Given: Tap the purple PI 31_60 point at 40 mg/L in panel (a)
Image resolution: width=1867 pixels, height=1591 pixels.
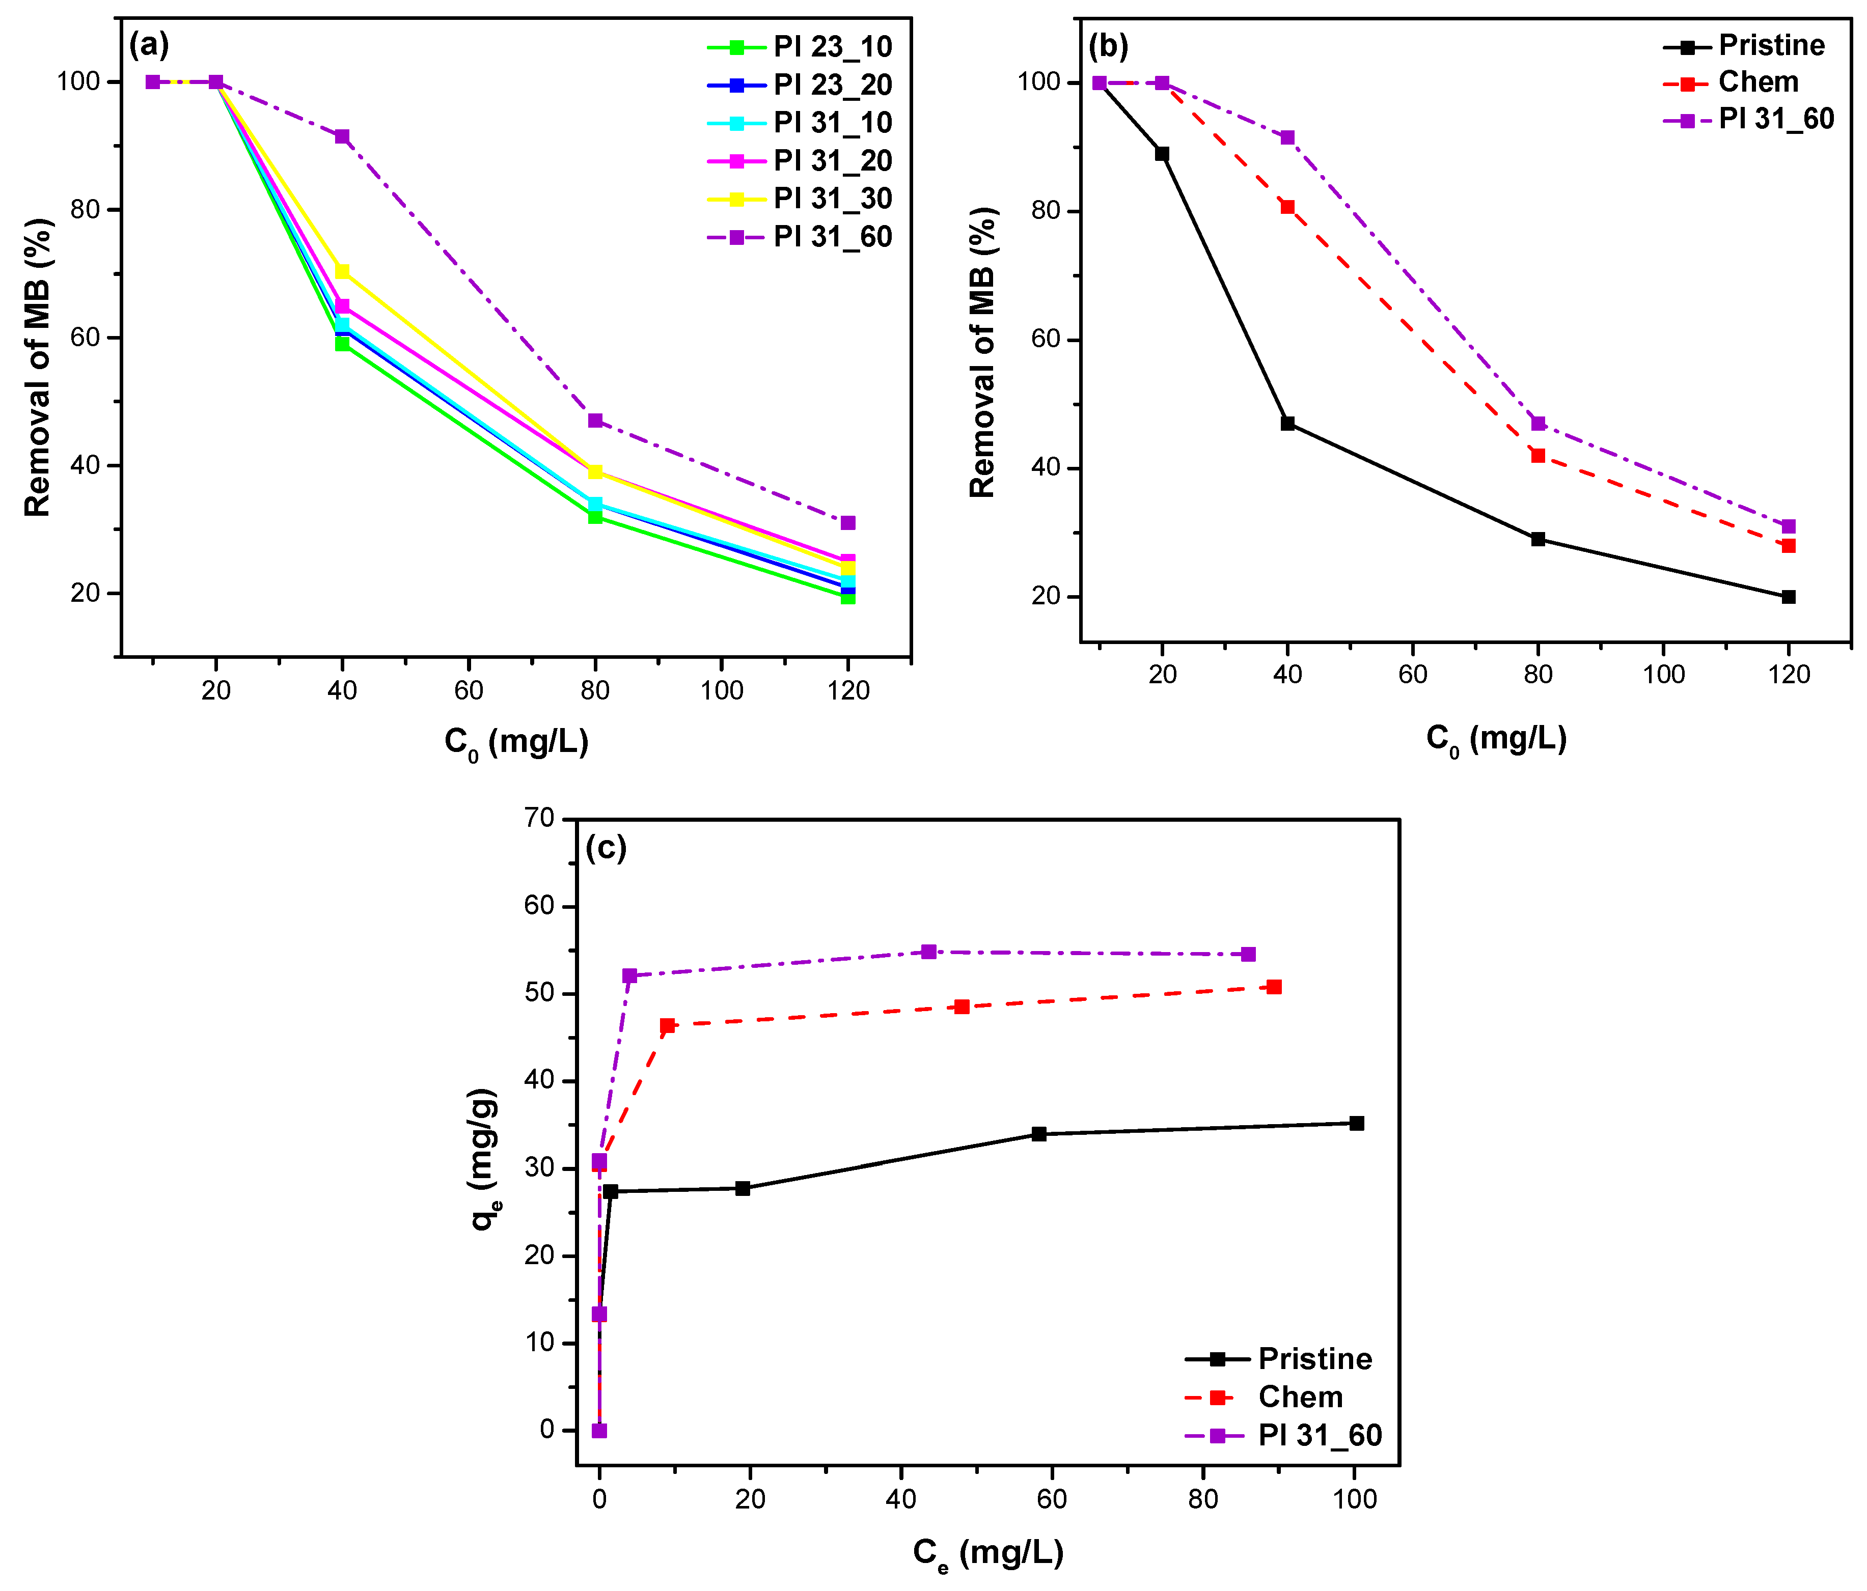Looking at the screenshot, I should tap(342, 136).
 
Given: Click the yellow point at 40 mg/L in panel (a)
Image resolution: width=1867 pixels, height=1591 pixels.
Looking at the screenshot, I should tap(342, 271).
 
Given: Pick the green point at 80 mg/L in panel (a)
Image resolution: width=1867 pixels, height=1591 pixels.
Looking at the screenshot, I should tap(595, 516).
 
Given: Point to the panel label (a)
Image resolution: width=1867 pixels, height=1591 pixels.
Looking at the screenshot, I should tap(149, 43).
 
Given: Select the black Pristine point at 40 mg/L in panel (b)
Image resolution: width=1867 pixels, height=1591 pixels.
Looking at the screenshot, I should tap(1287, 424).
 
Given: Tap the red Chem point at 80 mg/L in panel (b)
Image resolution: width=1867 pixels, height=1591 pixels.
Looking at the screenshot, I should tap(1538, 456).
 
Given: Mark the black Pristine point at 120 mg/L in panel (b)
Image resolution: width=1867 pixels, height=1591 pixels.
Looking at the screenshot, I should tap(1789, 596).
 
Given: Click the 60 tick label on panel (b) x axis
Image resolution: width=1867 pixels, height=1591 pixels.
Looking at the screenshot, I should tap(1413, 674).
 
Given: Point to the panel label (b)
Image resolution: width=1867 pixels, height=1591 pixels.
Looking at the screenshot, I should tap(1108, 45).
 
